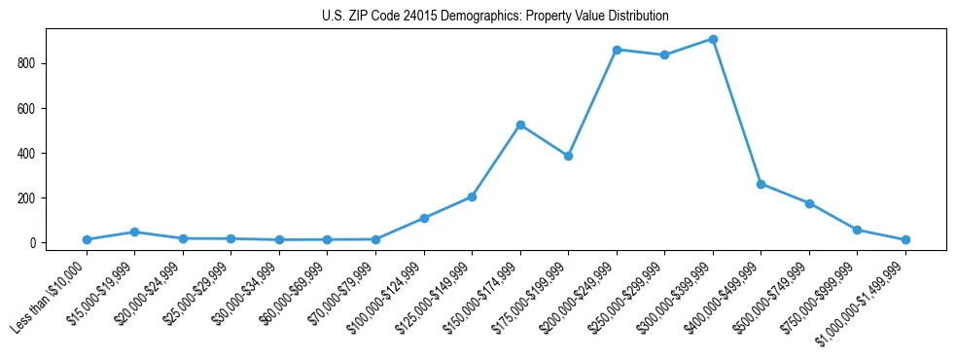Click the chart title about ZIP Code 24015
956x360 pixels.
tap(495, 17)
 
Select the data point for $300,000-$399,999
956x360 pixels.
tap(713, 40)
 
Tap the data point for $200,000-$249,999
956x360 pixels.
tap(617, 50)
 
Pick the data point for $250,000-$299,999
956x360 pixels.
tap(664, 55)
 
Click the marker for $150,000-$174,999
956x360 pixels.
tap(520, 125)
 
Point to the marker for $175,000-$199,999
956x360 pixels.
tap(568, 156)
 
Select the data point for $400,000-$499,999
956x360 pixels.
tap(761, 184)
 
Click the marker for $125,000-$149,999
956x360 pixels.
tap(472, 197)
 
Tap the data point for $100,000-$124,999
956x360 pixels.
tap(424, 218)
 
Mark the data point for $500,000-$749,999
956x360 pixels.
tap(809, 203)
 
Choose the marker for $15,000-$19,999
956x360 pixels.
tap(134, 232)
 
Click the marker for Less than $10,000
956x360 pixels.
tap(87, 239)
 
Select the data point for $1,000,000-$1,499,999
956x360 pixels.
tap(905, 239)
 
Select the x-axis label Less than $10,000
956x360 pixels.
tap(51, 297)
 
